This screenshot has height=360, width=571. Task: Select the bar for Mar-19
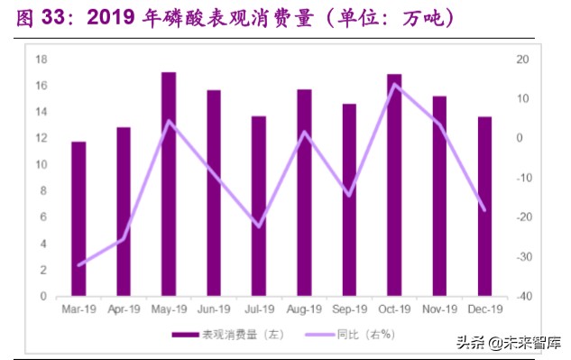[x=78, y=218]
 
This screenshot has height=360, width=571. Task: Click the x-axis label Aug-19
[x=304, y=309]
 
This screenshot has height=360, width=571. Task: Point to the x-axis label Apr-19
[x=124, y=309]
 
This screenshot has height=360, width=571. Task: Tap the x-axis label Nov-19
[x=439, y=309]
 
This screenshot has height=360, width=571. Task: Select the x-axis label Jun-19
[x=214, y=309]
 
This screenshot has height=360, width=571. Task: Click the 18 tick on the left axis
[x=41, y=60]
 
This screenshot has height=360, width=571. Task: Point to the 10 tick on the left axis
[x=41, y=164]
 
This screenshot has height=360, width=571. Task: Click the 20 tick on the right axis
[x=522, y=60]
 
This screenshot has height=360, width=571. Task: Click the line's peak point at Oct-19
[x=394, y=84]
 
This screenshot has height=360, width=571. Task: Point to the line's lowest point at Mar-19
[x=79, y=265]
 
